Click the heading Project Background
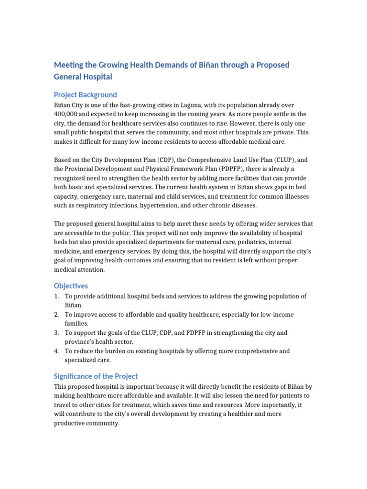point(85,95)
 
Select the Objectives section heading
point(71,286)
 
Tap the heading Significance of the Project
point(96,376)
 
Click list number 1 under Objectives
point(56,297)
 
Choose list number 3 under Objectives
point(56,333)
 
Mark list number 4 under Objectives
point(56,351)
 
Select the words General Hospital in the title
point(83,76)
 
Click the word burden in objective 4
point(116,351)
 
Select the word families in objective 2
point(77,323)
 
